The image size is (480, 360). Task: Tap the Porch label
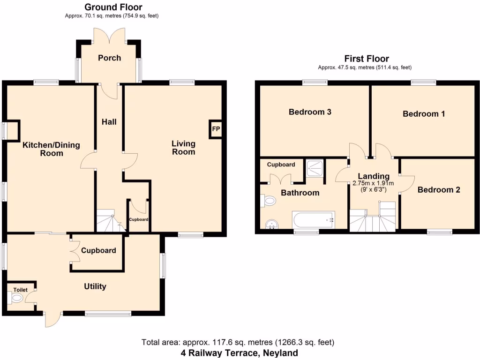pos(109,58)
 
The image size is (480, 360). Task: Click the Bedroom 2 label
pos(438,190)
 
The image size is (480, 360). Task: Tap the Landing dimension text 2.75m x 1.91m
pos(373,183)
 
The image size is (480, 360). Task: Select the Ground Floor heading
pos(113,7)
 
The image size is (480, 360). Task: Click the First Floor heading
pos(366,59)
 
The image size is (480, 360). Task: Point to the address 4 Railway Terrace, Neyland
pos(239,352)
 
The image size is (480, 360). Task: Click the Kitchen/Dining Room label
pos(52,149)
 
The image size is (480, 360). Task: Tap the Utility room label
pos(95,286)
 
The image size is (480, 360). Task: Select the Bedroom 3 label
pos(310,112)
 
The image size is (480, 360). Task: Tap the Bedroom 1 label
pos(424,114)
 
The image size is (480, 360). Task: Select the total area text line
pos(238,342)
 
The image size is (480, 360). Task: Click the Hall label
pos(109,122)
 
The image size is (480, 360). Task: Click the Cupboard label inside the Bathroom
pos(281,165)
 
